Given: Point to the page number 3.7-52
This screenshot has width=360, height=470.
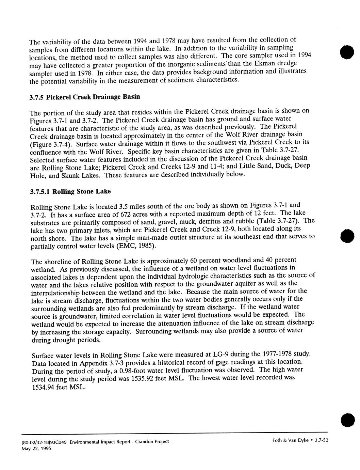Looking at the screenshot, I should click(x=321, y=440).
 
